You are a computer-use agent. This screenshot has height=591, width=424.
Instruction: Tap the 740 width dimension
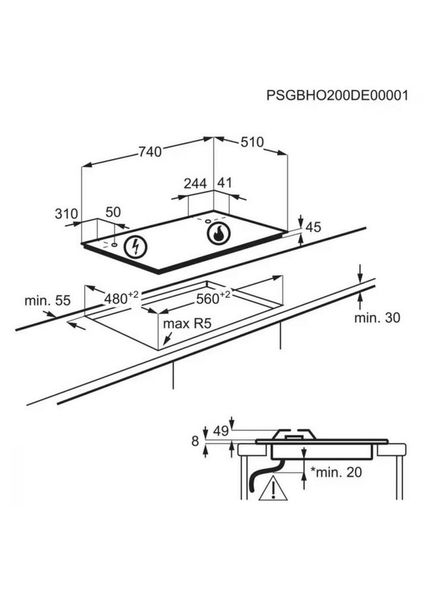[x=150, y=152]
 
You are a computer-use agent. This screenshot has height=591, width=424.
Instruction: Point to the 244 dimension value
[x=194, y=184]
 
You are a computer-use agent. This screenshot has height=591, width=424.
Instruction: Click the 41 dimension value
[x=224, y=184]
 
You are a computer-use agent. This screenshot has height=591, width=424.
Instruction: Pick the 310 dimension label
[x=67, y=213]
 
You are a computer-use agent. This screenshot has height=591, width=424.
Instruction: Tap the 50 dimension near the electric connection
[x=113, y=213]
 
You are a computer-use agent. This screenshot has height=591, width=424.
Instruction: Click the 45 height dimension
[x=313, y=228]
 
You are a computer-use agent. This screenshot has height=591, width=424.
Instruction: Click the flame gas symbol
[x=218, y=234]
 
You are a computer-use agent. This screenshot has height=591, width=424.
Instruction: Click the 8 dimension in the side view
[x=194, y=441]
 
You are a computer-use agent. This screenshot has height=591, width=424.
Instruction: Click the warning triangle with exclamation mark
[x=272, y=489]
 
